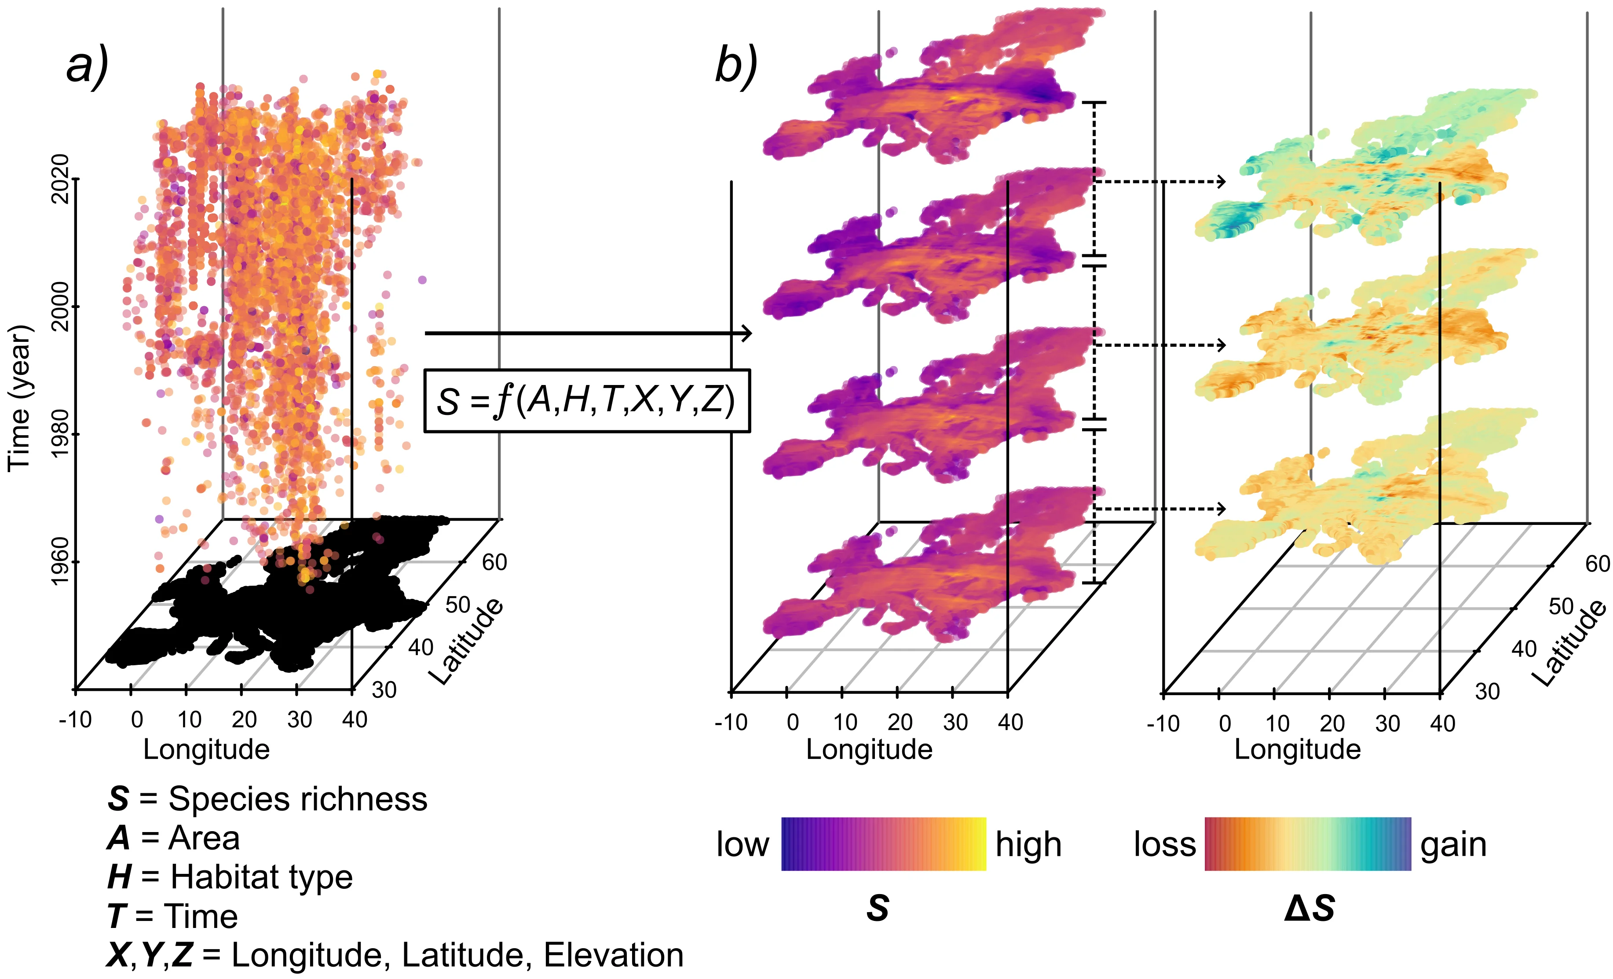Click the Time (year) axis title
pyautogui.click(x=20, y=397)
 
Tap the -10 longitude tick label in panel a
pyautogui.click(x=75, y=720)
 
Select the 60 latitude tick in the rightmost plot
pyautogui.click(x=1597, y=564)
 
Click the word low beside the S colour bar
pyautogui.click(x=742, y=844)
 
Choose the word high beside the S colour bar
pyautogui.click(x=1028, y=844)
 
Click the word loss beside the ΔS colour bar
pyautogui.click(x=1165, y=844)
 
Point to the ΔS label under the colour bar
pyautogui.click(x=1309, y=909)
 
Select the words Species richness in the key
pyautogui.click(x=298, y=799)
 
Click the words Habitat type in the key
pyautogui.click(x=261, y=877)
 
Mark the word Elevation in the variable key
pyautogui.click(x=613, y=955)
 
